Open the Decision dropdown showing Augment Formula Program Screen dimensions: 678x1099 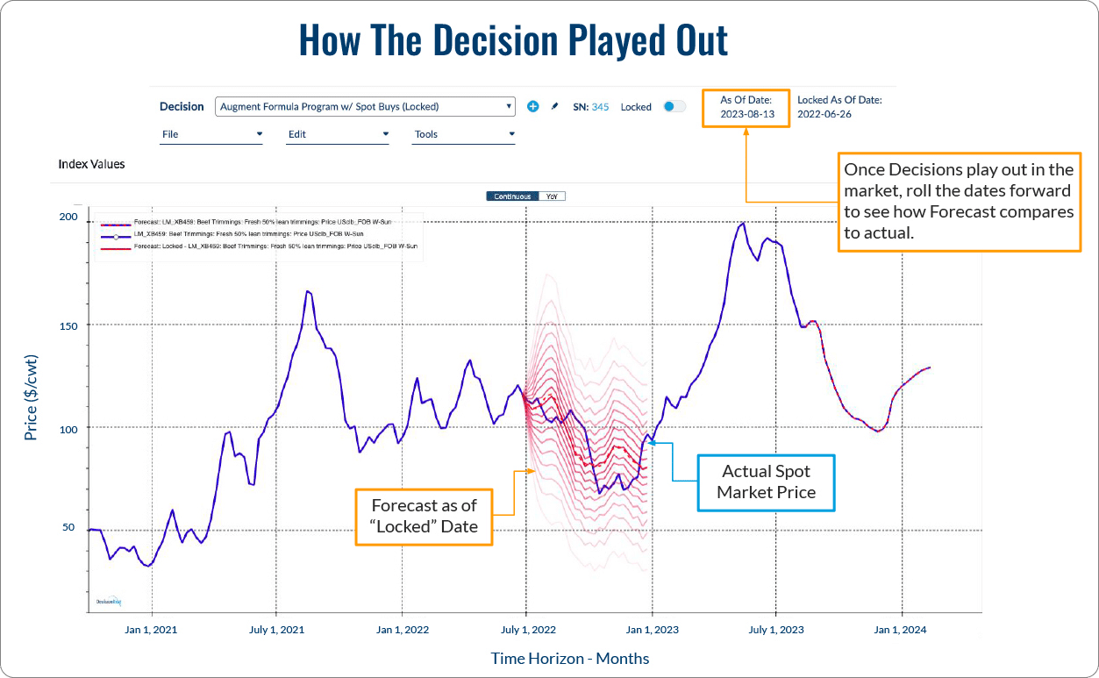tap(364, 107)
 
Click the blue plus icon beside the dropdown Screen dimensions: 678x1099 tap(532, 107)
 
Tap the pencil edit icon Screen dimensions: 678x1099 tap(553, 107)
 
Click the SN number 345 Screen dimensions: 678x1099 tap(600, 107)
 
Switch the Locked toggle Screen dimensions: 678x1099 tap(674, 106)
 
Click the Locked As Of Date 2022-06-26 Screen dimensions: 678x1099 tap(824, 114)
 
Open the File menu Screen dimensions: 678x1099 tap(211, 134)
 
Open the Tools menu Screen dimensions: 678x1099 tap(464, 134)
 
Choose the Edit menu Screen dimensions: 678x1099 tap(338, 134)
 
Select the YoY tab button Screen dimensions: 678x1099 tap(552, 196)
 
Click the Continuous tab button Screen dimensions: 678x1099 tap(512, 196)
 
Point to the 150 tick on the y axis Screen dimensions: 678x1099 tap(68, 325)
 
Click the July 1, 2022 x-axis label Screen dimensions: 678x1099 tap(527, 629)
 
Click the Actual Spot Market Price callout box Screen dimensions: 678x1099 tap(766, 482)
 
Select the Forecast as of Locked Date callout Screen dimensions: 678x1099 tap(424, 517)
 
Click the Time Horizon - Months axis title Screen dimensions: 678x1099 tap(570, 658)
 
